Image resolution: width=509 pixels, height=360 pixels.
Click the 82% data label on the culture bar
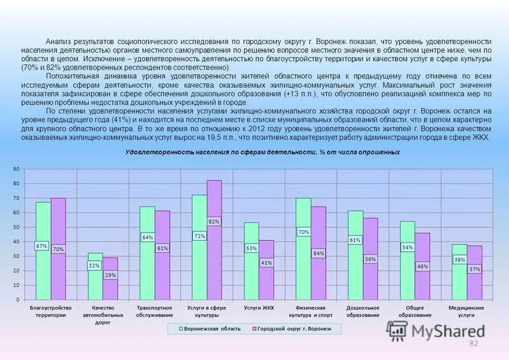tap(214, 222)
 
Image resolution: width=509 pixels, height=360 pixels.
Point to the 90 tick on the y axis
tap(16, 169)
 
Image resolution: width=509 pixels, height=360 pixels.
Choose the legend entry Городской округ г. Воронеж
tap(294, 329)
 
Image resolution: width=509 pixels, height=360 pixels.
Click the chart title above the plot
tap(262, 152)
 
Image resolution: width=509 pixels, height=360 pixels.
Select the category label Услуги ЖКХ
tap(259, 308)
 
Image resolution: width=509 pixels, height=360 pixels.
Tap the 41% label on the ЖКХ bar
tap(266, 263)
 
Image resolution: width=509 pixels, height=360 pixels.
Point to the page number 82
tap(473, 344)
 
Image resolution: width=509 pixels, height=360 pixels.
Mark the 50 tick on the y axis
tap(16, 227)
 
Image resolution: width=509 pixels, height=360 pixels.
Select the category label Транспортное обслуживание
tap(155, 311)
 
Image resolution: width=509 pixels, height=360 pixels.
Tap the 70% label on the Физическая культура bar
tap(303, 232)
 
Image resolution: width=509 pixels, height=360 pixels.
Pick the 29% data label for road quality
tap(110, 275)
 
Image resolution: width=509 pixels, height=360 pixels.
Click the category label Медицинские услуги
tap(466, 311)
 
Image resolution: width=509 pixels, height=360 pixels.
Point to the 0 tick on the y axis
tap(17, 299)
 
